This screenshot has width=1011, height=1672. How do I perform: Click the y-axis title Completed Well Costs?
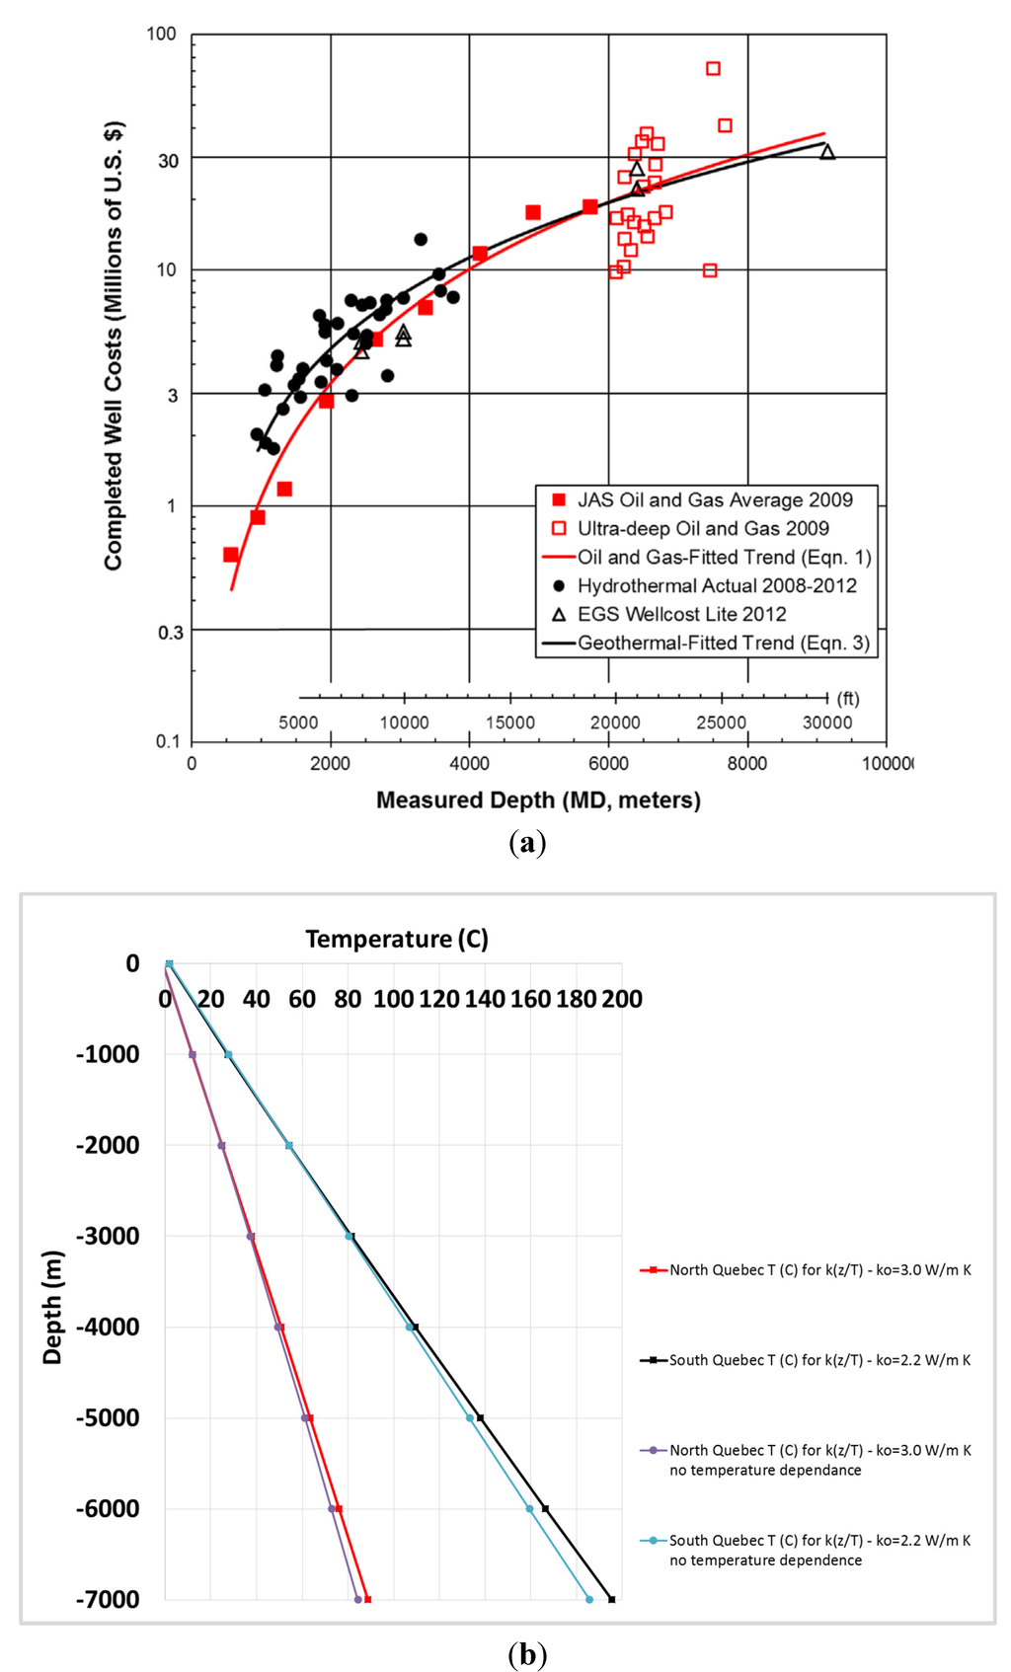coord(114,345)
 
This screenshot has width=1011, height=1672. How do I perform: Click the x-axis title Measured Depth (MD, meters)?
coord(538,800)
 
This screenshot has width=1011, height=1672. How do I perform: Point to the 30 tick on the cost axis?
coord(169,160)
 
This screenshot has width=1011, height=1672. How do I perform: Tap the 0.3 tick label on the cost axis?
coord(171,632)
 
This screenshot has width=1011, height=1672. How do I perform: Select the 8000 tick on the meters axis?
coord(747,763)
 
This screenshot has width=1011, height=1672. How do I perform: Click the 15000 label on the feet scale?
coord(509,722)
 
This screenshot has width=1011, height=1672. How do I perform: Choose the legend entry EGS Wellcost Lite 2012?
coord(681,614)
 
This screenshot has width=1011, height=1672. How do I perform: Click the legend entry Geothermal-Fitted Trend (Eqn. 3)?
coord(724,643)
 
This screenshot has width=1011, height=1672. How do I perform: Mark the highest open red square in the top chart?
coord(713,68)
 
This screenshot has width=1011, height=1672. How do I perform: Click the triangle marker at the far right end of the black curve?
coord(827,151)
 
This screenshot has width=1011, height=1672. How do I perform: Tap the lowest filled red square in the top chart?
coord(231,555)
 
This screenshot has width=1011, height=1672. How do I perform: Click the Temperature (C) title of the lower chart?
coord(397,939)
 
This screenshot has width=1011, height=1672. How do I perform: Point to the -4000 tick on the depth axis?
coord(108,1327)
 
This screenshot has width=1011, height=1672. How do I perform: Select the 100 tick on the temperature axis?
coord(393,999)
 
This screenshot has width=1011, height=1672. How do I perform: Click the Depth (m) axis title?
coord(52,1308)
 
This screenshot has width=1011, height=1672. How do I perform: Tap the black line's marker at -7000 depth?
coord(612,1599)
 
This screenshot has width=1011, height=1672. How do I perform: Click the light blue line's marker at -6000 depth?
coord(529,1508)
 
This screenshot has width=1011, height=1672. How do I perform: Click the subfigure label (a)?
coord(527,843)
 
